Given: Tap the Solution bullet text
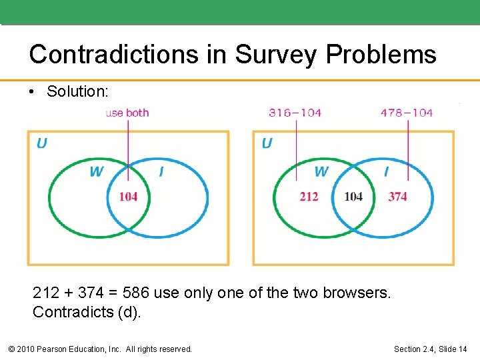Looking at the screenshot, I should tap(77, 91).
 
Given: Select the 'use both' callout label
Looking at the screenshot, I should tap(127, 113).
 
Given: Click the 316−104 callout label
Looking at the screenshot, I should tap(295, 113).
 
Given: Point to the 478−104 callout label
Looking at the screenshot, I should tap(406, 113).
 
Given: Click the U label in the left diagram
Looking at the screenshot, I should tap(41, 143).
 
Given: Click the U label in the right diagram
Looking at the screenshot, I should tap(267, 143).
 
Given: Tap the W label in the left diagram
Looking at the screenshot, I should tap(97, 172).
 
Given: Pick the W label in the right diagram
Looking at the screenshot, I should tap(321, 172).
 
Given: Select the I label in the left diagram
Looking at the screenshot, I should tap(161, 172).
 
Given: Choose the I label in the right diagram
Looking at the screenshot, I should tap(386, 172).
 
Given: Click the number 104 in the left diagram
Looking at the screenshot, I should tap(128, 196).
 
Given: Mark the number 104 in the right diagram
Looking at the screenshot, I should tap(353, 196).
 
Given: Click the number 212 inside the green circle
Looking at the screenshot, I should tap(309, 196).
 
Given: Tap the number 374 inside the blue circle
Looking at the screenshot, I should tap(397, 196).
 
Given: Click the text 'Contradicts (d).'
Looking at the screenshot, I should tap(87, 312).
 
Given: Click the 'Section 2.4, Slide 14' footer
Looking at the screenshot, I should tap(430, 349).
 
